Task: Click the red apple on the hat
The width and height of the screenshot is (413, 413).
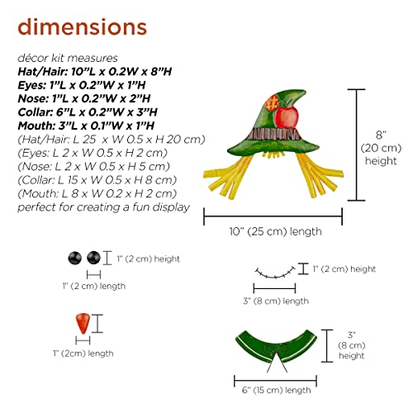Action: (x=287, y=117)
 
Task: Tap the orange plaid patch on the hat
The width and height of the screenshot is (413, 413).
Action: (x=272, y=102)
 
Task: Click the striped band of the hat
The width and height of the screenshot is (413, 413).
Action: (x=274, y=134)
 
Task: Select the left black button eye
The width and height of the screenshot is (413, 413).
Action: (x=74, y=258)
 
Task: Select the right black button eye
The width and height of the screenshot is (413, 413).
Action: (x=93, y=258)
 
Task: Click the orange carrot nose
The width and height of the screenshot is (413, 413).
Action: (x=83, y=323)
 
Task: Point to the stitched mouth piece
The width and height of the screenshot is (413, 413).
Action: (x=275, y=272)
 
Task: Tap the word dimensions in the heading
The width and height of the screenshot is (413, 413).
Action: (x=83, y=27)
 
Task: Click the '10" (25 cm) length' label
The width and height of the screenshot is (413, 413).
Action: (x=276, y=231)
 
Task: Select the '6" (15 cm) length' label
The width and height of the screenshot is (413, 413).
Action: (x=277, y=390)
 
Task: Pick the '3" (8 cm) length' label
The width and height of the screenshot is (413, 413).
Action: (x=276, y=301)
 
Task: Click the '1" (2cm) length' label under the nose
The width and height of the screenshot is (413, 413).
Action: (x=83, y=354)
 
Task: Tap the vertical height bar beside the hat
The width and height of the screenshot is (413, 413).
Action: (x=357, y=145)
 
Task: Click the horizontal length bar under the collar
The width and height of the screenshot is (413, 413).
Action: (x=275, y=381)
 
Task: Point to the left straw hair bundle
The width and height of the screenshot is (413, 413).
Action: (x=228, y=176)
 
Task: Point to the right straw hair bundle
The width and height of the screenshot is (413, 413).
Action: (x=320, y=174)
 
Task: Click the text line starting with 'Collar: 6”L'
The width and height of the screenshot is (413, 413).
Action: (x=88, y=112)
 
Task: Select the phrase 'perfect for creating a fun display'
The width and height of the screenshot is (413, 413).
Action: (x=104, y=207)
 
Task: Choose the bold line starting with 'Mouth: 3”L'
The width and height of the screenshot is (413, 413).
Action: (x=86, y=126)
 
